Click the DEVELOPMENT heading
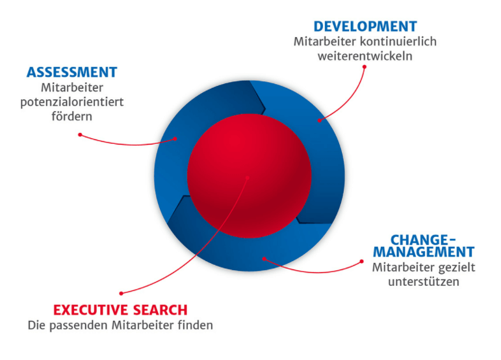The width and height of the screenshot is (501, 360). [x=365, y=27]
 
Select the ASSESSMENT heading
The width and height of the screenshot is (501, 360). [x=72, y=72]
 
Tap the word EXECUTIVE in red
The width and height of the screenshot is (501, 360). [x=91, y=310]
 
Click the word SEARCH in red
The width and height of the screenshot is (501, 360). [x=161, y=310]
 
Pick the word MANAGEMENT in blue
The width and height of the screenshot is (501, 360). [x=424, y=252]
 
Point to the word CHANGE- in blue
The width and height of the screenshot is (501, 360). [x=424, y=240]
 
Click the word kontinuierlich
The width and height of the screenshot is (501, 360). [x=398, y=42]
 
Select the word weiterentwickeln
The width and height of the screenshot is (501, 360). [x=365, y=56]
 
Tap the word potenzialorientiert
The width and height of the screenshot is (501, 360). [x=72, y=102]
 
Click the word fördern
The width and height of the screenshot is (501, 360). [x=72, y=116]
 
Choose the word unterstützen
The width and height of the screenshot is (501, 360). [x=424, y=282]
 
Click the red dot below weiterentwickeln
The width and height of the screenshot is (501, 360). [x=365, y=67]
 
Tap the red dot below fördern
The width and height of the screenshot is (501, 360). [x=80, y=135]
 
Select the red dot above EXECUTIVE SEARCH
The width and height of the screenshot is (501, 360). [x=121, y=294]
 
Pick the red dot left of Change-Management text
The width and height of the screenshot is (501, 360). [x=362, y=262]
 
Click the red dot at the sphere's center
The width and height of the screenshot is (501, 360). [x=248, y=178]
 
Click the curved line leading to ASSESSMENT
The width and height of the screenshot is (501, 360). [x=128, y=145]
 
